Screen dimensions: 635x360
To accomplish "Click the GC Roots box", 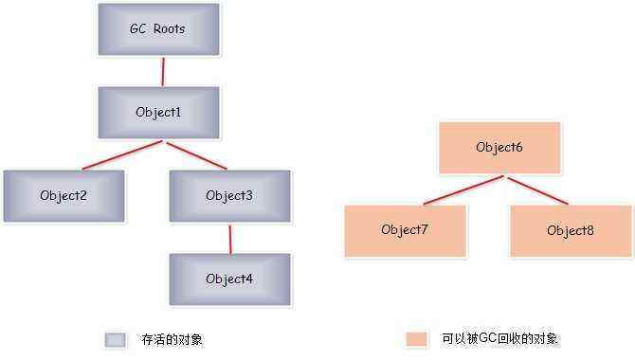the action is tap(158, 28).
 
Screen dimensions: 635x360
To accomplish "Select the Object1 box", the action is tap(158, 112).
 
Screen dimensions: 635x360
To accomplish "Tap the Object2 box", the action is tap(63, 196).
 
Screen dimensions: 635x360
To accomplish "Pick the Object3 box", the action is tap(229, 196).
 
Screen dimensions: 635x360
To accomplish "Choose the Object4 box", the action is tap(229, 279).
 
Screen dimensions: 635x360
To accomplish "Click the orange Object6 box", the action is tap(499, 148).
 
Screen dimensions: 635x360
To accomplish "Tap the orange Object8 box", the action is tap(570, 230).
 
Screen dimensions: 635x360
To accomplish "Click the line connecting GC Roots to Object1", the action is tap(162, 70).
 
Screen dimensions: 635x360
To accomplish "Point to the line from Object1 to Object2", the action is tap(123, 155).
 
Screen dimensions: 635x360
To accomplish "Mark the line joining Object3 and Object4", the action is tap(229, 238).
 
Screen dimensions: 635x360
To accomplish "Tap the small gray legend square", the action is tap(115, 339).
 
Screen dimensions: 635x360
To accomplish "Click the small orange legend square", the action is tap(415, 339).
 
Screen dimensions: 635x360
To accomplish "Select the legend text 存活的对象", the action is tap(172, 339).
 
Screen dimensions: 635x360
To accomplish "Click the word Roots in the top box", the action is tap(170, 28).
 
